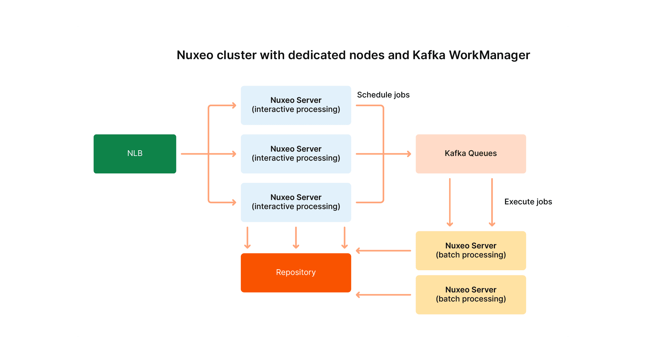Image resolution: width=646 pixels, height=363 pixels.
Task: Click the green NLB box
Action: (x=135, y=154)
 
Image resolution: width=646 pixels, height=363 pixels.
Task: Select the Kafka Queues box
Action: (x=470, y=154)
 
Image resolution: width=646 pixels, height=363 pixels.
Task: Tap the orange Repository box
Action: (x=296, y=273)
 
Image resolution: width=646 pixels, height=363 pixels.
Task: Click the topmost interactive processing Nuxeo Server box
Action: (x=296, y=105)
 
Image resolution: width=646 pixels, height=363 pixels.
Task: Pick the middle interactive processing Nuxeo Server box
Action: (x=296, y=154)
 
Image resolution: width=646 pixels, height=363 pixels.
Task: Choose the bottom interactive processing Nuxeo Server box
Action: (x=296, y=202)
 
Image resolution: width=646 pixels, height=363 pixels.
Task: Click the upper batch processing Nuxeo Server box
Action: (x=470, y=250)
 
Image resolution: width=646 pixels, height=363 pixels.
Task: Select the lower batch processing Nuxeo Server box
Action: (x=470, y=294)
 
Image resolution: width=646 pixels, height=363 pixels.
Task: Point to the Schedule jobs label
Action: (x=383, y=95)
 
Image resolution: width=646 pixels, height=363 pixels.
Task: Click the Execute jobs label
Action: (x=528, y=202)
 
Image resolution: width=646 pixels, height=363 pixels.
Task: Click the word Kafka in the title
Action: (x=429, y=55)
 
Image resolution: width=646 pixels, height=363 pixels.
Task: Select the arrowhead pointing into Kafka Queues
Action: (x=408, y=154)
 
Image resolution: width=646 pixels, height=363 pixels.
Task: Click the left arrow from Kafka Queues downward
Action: (x=450, y=202)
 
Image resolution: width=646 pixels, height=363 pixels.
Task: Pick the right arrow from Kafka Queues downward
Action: (x=492, y=202)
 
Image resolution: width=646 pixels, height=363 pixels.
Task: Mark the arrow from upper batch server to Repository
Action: (x=384, y=251)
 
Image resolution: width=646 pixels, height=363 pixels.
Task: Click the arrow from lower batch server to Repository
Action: (x=384, y=295)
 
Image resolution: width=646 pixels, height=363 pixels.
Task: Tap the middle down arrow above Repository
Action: (x=296, y=237)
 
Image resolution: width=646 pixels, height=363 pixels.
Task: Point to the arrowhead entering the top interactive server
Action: (x=234, y=106)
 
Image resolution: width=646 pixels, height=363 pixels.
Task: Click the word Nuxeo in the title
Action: (x=195, y=55)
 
